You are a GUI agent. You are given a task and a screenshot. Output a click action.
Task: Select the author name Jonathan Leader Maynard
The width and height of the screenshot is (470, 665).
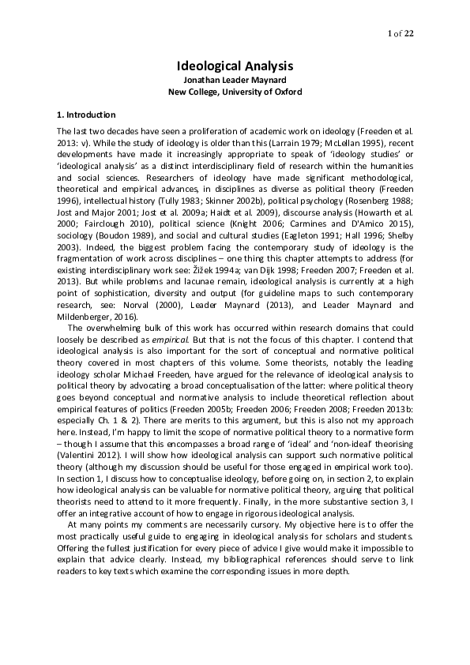click(x=235, y=81)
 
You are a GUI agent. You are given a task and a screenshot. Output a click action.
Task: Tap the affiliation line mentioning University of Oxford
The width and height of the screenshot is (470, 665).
click(x=235, y=92)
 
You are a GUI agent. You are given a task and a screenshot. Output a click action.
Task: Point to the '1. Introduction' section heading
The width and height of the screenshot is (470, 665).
click(x=87, y=115)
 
